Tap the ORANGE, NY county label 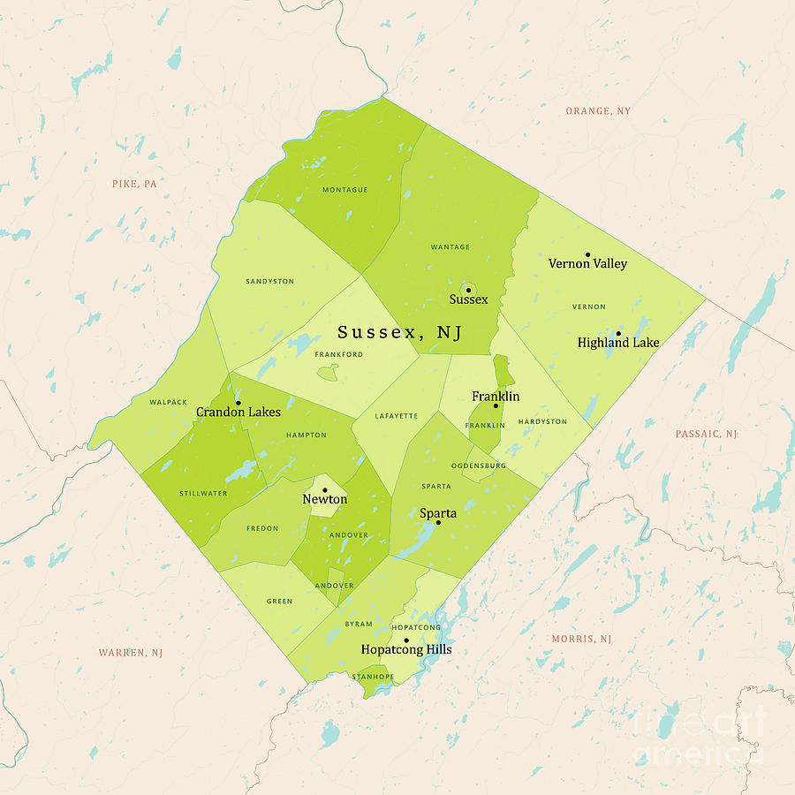pyautogui.click(x=598, y=111)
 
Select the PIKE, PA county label pyautogui.click(x=134, y=184)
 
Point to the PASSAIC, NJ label pyautogui.click(x=706, y=434)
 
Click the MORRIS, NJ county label pyautogui.click(x=581, y=639)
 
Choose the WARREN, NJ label pyautogui.click(x=131, y=653)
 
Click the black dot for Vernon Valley pyautogui.click(x=587, y=254)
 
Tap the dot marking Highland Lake pyautogui.click(x=618, y=333)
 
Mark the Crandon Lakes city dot pyautogui.click(x=238, y=403)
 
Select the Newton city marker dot pyautogui.click(x=324, y=489)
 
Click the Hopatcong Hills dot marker pyautogui.click(x=406, y=640)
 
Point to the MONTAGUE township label pyautogui.click(x=344, y=190)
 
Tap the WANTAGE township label pyautogui.click(x=450, y=247)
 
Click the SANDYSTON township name pyautogui.click(x=269, y=282)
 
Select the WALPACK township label pyautogui.click(x=169, y=403)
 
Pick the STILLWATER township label pyautogui.click(x=203, y=494)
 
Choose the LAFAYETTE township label pyautogui.click(x=396, y=416)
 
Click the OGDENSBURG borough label pyautogui.click(x=478, y=465)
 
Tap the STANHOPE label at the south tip pyautogui.click(x=373, y=677)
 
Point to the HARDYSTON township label pyautogui.click(x=542, y=421)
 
